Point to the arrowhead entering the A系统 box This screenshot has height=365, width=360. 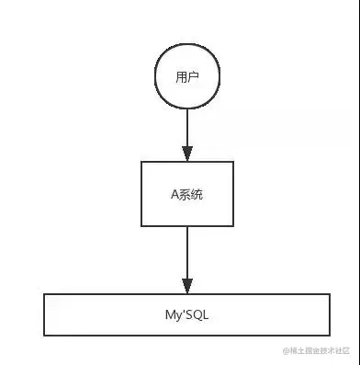186,154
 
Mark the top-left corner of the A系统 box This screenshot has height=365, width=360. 141,163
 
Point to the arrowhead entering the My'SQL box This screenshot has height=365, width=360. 186,286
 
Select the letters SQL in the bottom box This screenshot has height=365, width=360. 193,315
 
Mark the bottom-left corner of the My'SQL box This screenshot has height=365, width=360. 44,336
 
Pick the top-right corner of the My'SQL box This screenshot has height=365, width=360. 330,294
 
